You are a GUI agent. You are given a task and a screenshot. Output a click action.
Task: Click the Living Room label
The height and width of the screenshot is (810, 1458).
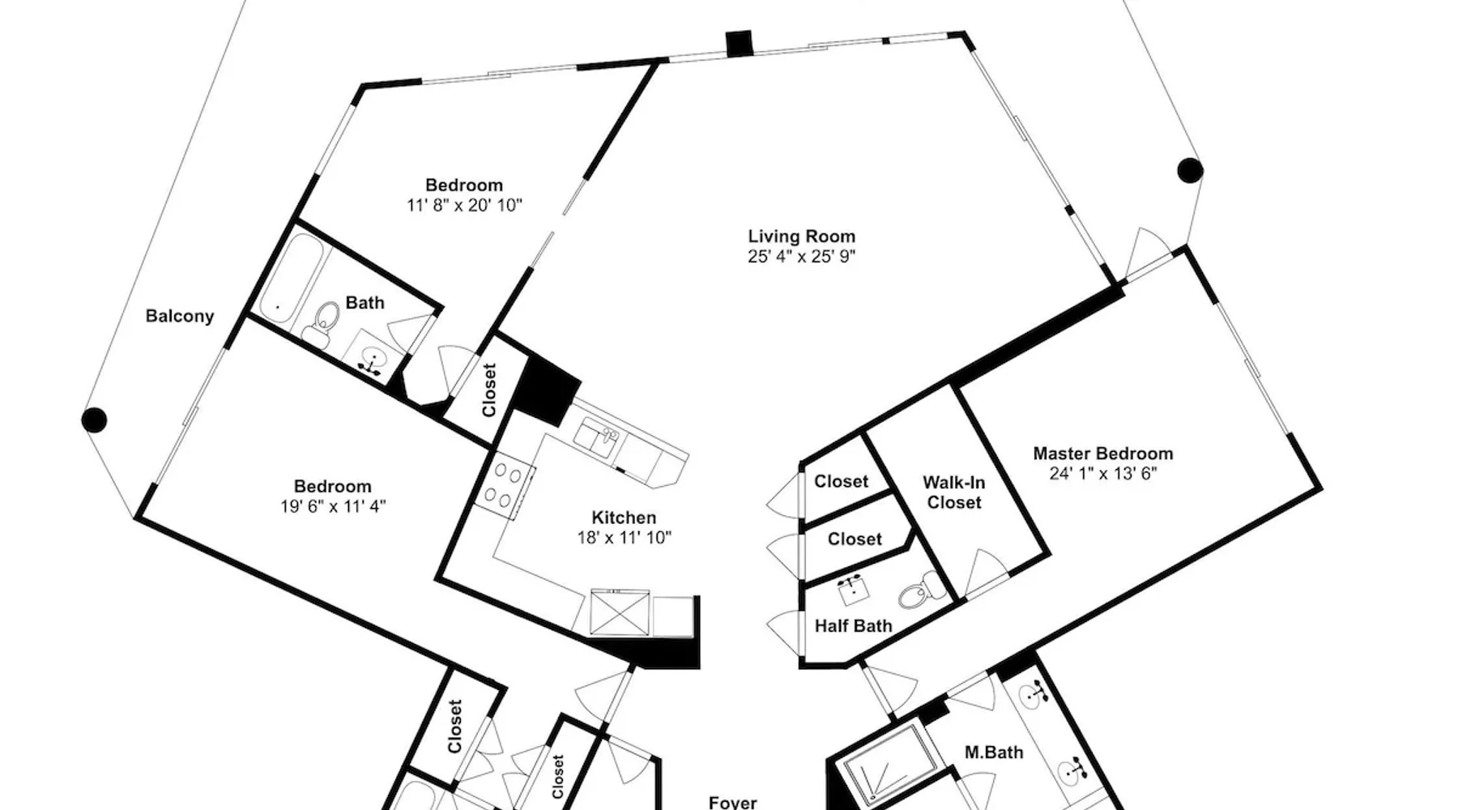(x=801, y=237)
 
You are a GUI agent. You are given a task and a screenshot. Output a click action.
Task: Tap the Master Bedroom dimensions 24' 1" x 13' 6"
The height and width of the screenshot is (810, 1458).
(x=1103, y=474)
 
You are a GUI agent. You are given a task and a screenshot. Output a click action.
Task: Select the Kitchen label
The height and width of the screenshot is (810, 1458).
(x=624, y=518)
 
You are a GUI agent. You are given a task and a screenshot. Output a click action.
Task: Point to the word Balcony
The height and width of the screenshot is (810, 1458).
(x=180, y=316)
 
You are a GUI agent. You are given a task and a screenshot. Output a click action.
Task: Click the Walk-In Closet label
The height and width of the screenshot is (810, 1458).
(x=954, y=492)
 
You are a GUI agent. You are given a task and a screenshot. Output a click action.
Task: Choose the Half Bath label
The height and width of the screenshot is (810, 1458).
(x=853, y=626)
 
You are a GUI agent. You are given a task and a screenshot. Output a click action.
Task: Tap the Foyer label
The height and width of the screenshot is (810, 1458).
(x=732, y=803)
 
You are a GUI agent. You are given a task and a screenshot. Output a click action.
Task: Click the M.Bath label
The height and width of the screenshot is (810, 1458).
(x=994, y=752)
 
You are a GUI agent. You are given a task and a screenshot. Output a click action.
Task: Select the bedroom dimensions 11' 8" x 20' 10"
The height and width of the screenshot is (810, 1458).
(x=464, y=206)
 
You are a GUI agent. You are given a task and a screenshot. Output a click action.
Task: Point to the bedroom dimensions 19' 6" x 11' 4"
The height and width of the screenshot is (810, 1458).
(x=333, y=507)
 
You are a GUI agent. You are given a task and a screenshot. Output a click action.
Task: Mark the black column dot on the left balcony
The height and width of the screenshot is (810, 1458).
(x=94, y=420)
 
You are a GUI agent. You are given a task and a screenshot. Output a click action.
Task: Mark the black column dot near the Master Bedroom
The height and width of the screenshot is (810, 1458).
(x=1189, y=170)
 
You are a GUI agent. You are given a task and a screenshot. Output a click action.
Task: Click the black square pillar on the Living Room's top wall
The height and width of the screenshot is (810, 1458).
(x=739, y=43)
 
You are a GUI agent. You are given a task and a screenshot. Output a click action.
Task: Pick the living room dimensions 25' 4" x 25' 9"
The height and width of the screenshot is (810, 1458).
(x=801, y=257)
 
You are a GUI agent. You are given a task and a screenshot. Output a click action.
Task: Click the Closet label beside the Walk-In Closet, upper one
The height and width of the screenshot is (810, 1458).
(x=841, y=481)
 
